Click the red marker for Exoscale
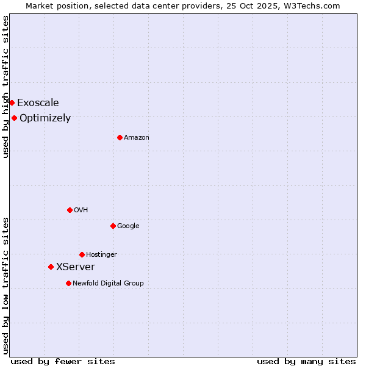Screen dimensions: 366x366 tap(12, 102)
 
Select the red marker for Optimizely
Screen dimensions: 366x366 tap(14, 118)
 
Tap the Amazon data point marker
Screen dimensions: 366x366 tap(120, 137)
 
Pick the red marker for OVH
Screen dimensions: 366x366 tap(70, 210)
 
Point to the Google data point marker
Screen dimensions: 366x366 tap(113, 226)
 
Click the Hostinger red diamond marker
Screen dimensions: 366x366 tap(82, 254)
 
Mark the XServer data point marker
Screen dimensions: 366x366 tap(51, 267)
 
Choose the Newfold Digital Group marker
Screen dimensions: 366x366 tap(68, 283)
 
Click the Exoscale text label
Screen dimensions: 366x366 tap(38, 102)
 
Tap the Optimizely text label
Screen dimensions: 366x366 tap(45, 118)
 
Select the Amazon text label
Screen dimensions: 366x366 tap(137, 137)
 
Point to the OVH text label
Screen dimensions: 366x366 tap(81, 210)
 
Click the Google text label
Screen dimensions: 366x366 tap(128, 226)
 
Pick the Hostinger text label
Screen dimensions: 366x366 tap(101, 254)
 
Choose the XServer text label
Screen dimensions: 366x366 tap(76, 267)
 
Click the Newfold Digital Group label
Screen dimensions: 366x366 tap(108, 283)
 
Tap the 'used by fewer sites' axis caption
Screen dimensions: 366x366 tap(63, 361)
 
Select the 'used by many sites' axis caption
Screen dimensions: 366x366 tap(306, 361)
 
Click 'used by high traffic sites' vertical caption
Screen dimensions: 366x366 tap(5, 87)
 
